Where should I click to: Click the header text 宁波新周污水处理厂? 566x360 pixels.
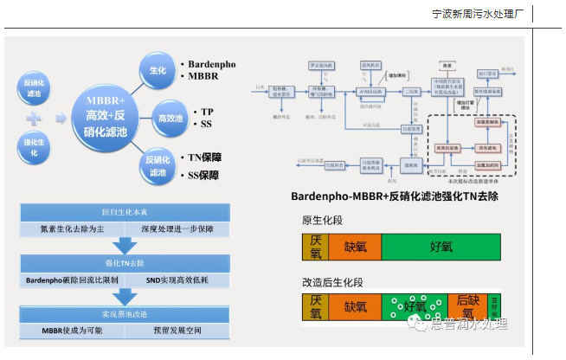click(x=479, y=15)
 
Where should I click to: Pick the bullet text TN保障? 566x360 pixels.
click(x=211, y=157)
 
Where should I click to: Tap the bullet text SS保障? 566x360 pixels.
click(x=211, y=176)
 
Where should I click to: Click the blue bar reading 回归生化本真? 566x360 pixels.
click(x=125, y=212)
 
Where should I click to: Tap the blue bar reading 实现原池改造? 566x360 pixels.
click(x=125, y=314)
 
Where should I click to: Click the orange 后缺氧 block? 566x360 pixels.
click(x=467, y=306)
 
